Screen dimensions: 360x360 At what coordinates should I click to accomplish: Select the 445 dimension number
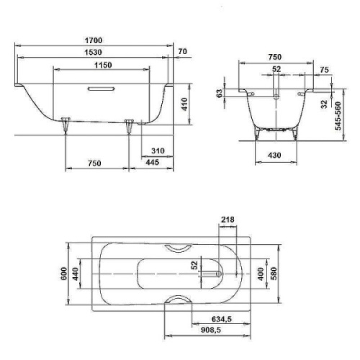click(153, 163)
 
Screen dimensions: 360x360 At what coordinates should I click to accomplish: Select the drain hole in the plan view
click(215, 274)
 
